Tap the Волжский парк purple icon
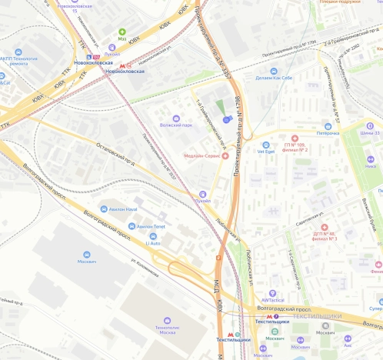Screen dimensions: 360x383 [x=177, y=119]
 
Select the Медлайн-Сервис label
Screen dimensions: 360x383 [x=203, y=155]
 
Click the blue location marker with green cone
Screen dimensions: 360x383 [x=226, y=119]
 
